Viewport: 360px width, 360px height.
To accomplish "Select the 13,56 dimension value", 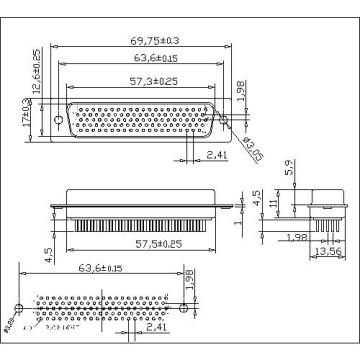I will pyautogui.click(x=324, y=250).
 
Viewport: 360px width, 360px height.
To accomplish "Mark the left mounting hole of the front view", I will pyautogui.click(x=60, y=123).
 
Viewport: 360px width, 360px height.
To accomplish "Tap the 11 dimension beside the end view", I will pyautogui.click(x=269, y=204).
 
